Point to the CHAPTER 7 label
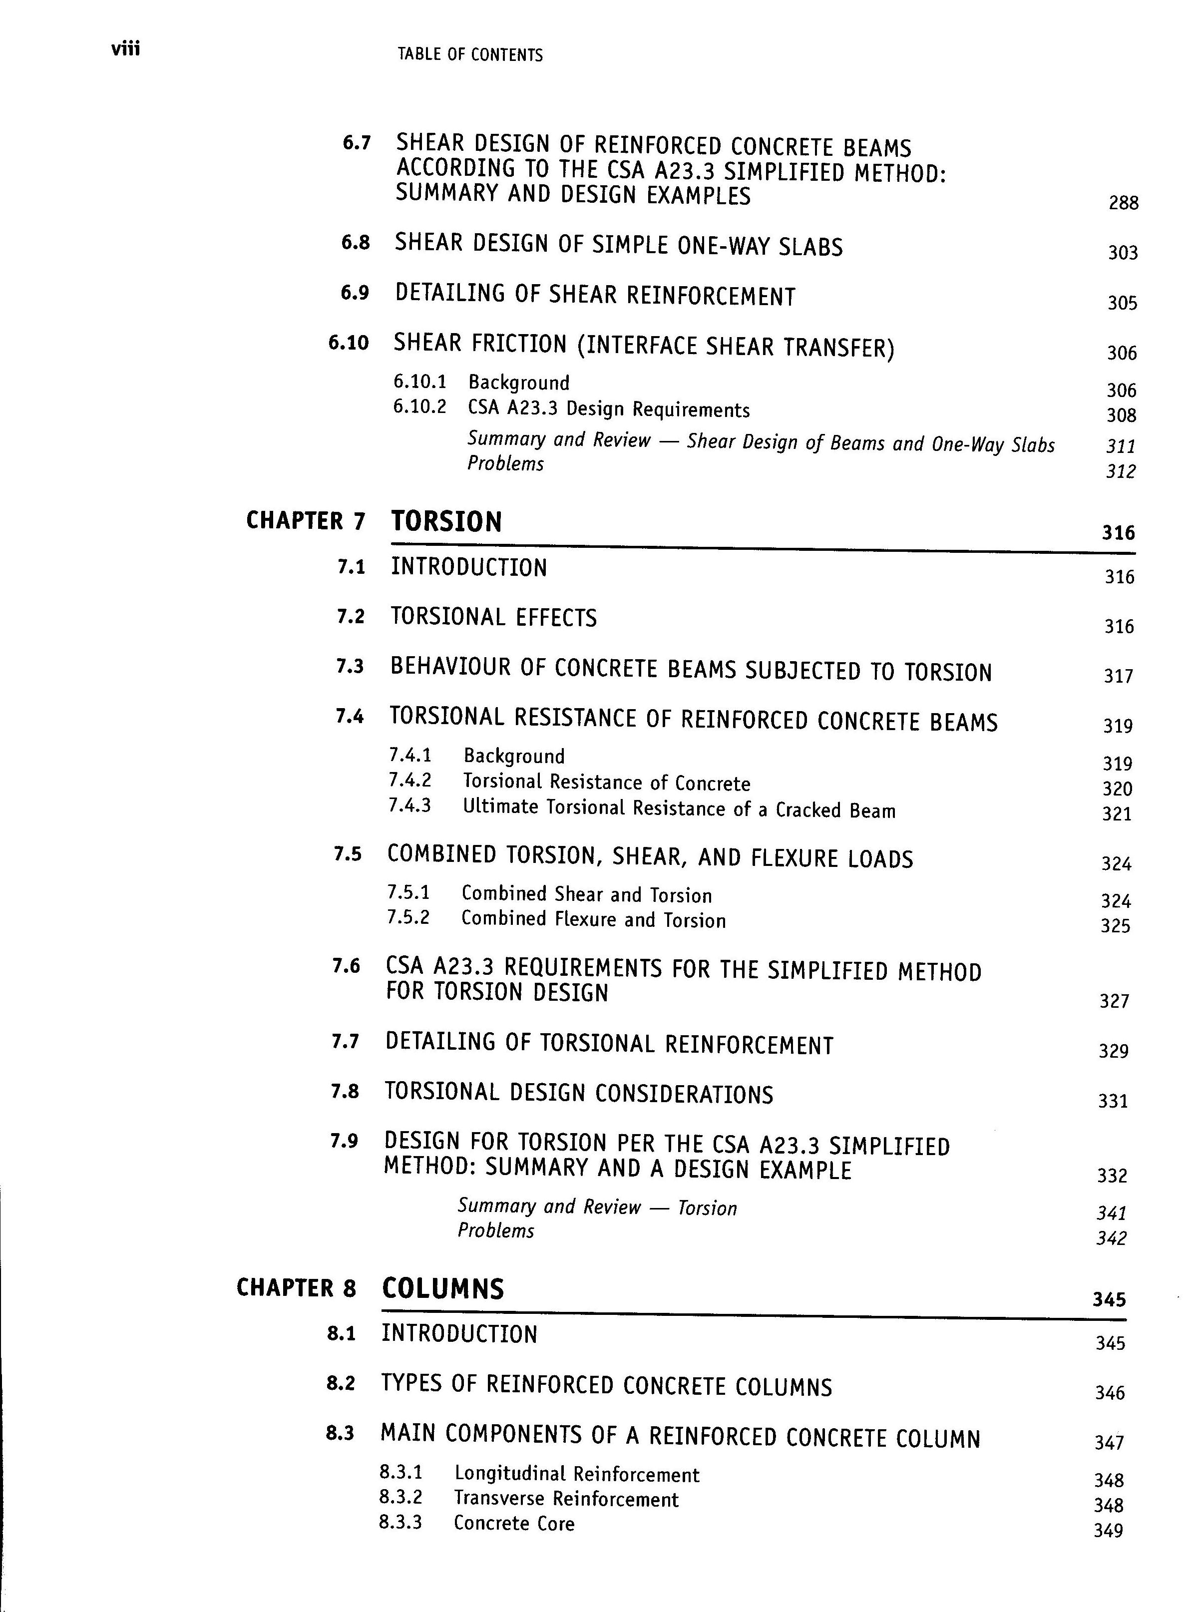[306, 520]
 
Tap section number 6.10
[349, 343]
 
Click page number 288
[1124, 203]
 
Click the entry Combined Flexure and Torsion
[593, 920]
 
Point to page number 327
[1114, 1001]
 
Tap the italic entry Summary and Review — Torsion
[597, 1207]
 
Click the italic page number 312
[1121, 471]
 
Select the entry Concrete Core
[514, 1524]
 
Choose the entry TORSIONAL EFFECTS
[494, 617]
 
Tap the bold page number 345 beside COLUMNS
[1109, 1299]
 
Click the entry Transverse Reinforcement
[566, 1499]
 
